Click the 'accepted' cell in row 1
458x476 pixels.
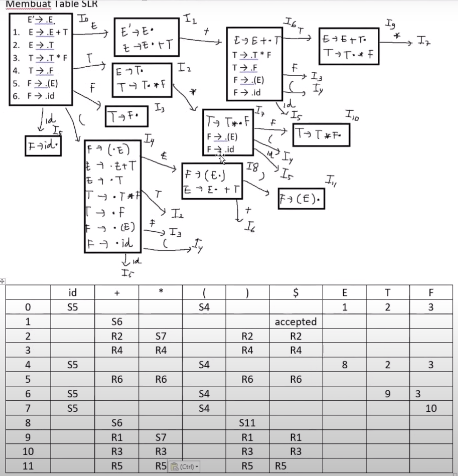(x=296, y=322)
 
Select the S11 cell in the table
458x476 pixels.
(x=247, y=423)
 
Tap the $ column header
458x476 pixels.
(x=296, y=292)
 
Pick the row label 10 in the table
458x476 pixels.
(x=28, y=451)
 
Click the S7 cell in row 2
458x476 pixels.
(x=161, y=336)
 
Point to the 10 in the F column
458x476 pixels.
(x=431, y=408)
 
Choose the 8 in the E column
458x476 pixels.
(x=344, y=365)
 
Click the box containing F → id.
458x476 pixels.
(x=43, y=145)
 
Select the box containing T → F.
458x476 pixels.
(x=126, y=116)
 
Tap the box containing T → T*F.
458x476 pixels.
(x=321, y=135)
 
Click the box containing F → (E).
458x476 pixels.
(x=301, y=199)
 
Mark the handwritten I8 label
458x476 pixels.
(x=252, y=167)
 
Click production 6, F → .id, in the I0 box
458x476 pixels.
(x=41, y=96)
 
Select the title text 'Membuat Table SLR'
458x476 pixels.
(x=52, y=4)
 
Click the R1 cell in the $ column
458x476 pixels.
(x=296, y=437)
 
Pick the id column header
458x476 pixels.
(x=72, y=292)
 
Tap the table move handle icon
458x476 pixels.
(x=2, y=281)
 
